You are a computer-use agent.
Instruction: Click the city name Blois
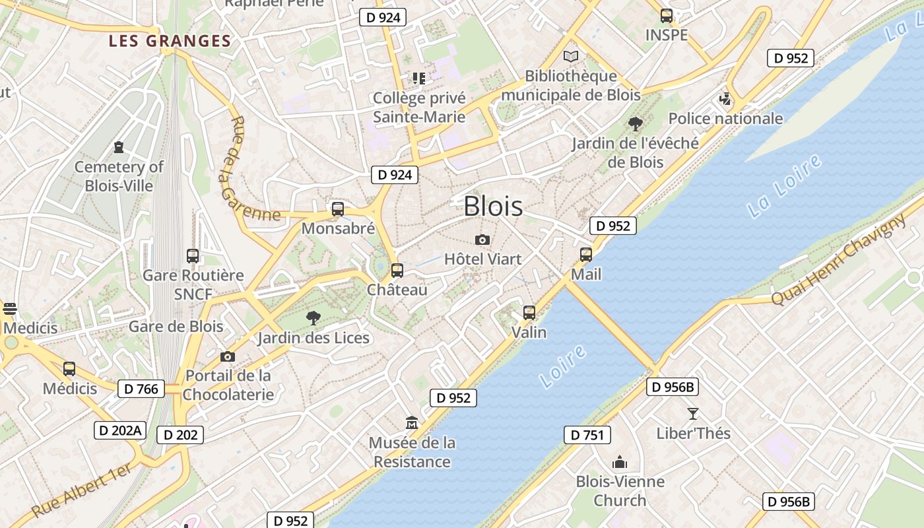click(x=493, y=206)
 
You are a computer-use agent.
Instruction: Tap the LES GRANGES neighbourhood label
click(x=170, y=41)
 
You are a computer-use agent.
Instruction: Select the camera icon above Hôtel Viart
click(x=482, y=240)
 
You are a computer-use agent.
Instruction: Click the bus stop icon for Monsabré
click(x=338, y=209)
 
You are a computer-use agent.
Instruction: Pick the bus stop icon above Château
click(x=397, y=270)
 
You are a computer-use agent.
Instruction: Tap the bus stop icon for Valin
click(x=529, y=312)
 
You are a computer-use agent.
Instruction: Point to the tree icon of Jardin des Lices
click(x=313, y=318)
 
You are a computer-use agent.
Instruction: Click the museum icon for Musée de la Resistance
click(x=412, y=422)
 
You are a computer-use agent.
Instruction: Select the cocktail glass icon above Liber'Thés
click(x=692, y=414)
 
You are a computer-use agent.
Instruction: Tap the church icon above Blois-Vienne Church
click(x=619, y=462)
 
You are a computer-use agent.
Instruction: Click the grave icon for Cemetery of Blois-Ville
click(x=119, y=147)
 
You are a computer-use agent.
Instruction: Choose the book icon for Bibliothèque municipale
click(x=571, y=57)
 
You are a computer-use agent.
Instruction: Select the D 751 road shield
click(x=587, y=435)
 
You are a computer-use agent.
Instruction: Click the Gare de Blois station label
click(x=176, y=326)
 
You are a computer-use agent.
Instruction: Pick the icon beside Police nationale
click(x=725, y=100)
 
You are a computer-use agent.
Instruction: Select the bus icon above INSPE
click(x=667, y=16)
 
